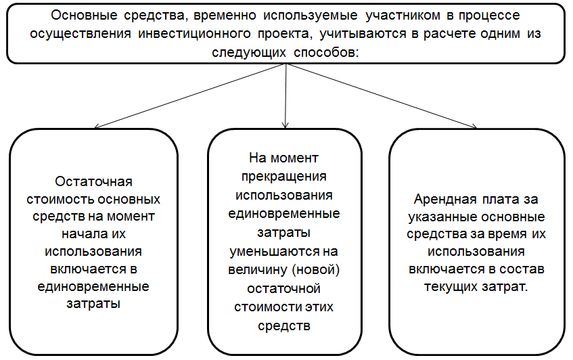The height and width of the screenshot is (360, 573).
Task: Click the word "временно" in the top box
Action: pos(225,16)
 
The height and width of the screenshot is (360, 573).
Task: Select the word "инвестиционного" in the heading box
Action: pos(194,34)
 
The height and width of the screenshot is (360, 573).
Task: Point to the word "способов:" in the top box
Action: pos(326,52)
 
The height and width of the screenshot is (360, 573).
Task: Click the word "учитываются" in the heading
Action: pos(363,34)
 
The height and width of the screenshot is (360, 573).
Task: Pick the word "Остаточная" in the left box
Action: pos(93,181)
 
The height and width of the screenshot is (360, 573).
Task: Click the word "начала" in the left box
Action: pos(80,233)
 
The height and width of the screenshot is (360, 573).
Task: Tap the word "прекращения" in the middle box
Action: pos(284,177)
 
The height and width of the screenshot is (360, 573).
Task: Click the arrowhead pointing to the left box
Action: pos(97,127)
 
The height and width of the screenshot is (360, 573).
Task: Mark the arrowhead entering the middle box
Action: pos(285,125)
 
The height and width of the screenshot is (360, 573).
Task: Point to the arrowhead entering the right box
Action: pos(474,127)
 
